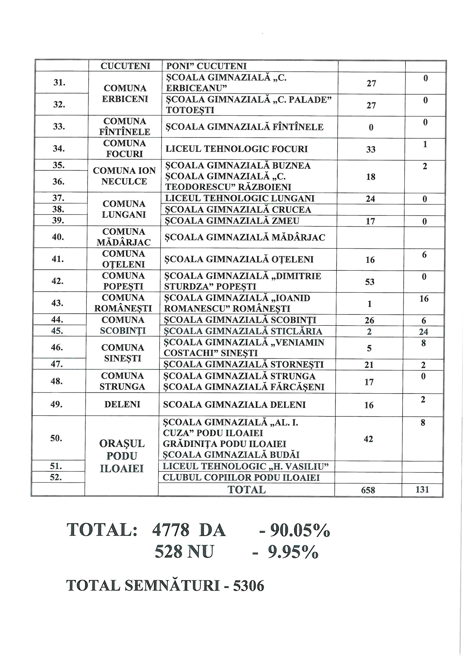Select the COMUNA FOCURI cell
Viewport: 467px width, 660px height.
[x=125, y=148]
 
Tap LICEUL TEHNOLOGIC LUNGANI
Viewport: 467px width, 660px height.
[x=240, y=198]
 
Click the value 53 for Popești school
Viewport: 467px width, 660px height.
[x=370, y=281]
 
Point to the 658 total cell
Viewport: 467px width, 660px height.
[x=368, y=490]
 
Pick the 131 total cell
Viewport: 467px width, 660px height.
[x=422, y=489]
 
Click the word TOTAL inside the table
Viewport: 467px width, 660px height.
[x=247, y=489]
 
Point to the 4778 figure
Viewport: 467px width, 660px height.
[x=171, y=530]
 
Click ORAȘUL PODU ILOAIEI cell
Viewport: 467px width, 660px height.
[x=122, y=456]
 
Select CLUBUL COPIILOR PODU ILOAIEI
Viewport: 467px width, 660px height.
[x=241, y=477]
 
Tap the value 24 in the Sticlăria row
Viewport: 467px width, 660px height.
[x=423, y=332]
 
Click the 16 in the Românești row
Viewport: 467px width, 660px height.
[x=424, y=299]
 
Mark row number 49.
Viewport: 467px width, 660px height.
[x=57, y=404]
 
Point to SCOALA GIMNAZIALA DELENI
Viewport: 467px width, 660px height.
[x=234, y=405]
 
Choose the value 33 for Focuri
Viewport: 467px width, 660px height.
[x=371, y=149]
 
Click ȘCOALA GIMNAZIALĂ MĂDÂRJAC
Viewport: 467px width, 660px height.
[x=245, y=237]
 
